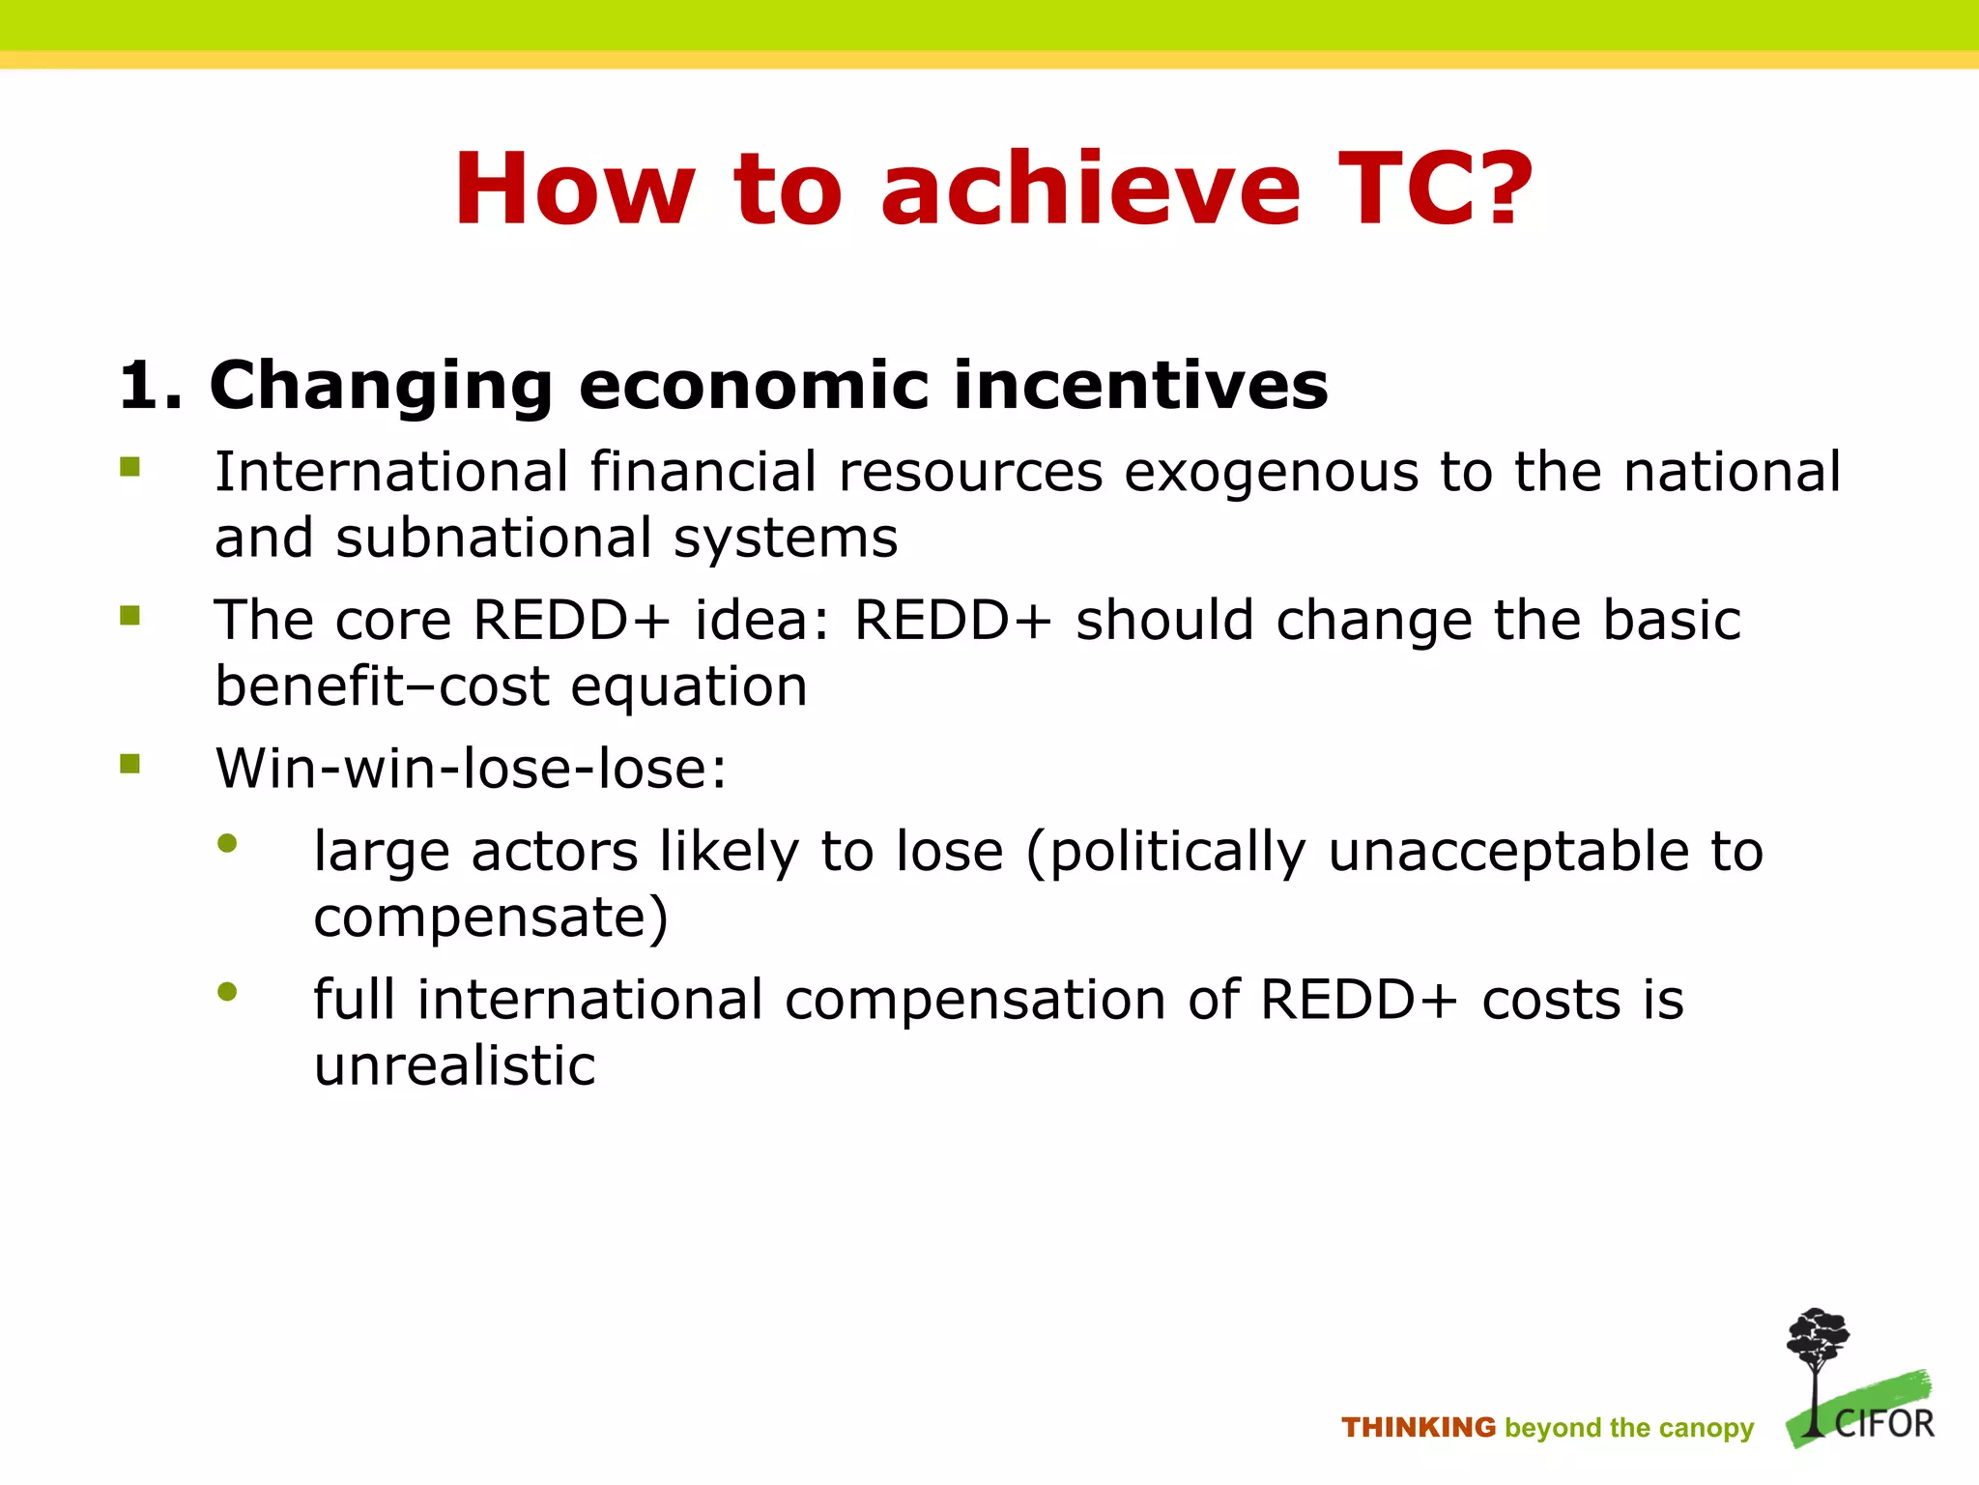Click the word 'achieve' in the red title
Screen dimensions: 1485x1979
[1090, 189]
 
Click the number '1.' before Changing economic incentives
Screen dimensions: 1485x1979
[150, 386]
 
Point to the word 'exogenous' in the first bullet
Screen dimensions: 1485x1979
[1271, 474]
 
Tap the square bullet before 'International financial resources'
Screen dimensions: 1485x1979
[130, 468]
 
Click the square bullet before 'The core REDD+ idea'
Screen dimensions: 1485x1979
[130, 616]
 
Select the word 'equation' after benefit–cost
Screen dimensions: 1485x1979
[688, 687]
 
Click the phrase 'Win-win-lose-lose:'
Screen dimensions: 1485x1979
[471, 770]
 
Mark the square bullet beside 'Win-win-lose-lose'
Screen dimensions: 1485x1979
[130, 765]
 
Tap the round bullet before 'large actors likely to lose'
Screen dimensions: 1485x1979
[228, 844]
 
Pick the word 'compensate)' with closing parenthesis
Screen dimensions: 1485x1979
[491, 917]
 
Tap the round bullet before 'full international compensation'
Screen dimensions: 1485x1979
[228, 992]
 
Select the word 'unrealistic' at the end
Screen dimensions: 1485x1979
[454, 1066]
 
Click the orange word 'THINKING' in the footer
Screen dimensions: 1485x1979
[1418, 1428]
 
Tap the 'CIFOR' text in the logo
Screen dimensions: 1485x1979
[1884, 1424]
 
